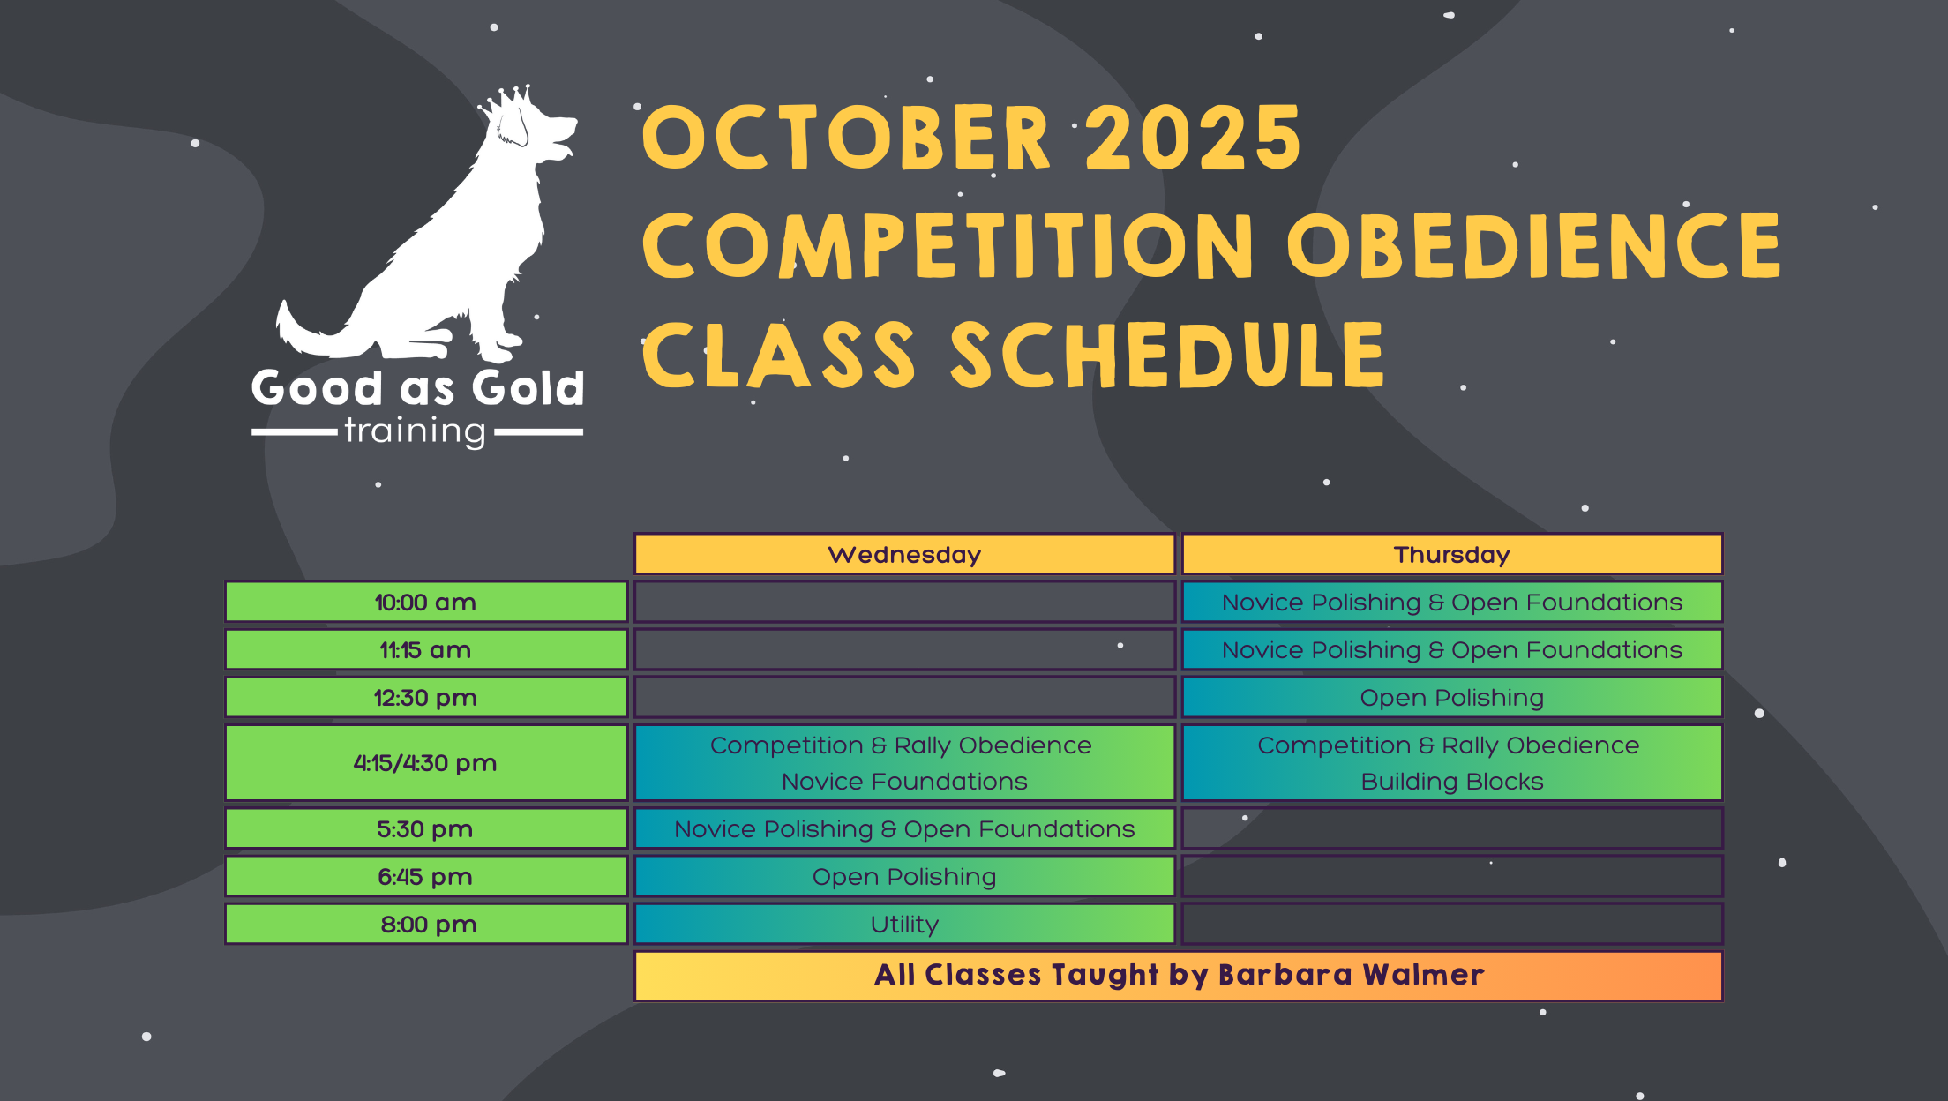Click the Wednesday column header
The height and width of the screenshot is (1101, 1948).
click(904, 554)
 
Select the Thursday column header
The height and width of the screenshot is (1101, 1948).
click(1452, 554)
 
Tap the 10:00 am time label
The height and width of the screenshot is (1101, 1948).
click(426, 603)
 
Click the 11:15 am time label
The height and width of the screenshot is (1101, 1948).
click(426, 650)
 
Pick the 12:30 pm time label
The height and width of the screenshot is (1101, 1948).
click(426, 698)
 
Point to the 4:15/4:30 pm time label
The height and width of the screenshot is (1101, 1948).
click(426, 763)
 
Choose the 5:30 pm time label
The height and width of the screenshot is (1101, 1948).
click(426, 829)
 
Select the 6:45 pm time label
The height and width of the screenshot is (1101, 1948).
click(426, 877)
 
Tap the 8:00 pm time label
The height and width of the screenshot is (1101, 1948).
click(426, 925)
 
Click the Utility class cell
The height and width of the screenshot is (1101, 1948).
click(904, 925)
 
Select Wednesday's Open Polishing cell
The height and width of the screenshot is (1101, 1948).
click(904, 877)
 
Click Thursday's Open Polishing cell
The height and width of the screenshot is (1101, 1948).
click(1452, 698)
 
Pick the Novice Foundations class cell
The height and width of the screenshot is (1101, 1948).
click(904, 763)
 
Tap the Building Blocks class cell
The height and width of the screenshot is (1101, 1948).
click(1452, 763)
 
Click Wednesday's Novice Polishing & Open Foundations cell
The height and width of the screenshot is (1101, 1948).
click(904, 829)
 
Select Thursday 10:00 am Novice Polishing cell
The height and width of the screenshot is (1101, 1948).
click(1452, 603)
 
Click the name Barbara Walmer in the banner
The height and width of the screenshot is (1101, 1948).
click(1352, 975)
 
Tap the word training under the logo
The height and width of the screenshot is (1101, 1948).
click(415, 431)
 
